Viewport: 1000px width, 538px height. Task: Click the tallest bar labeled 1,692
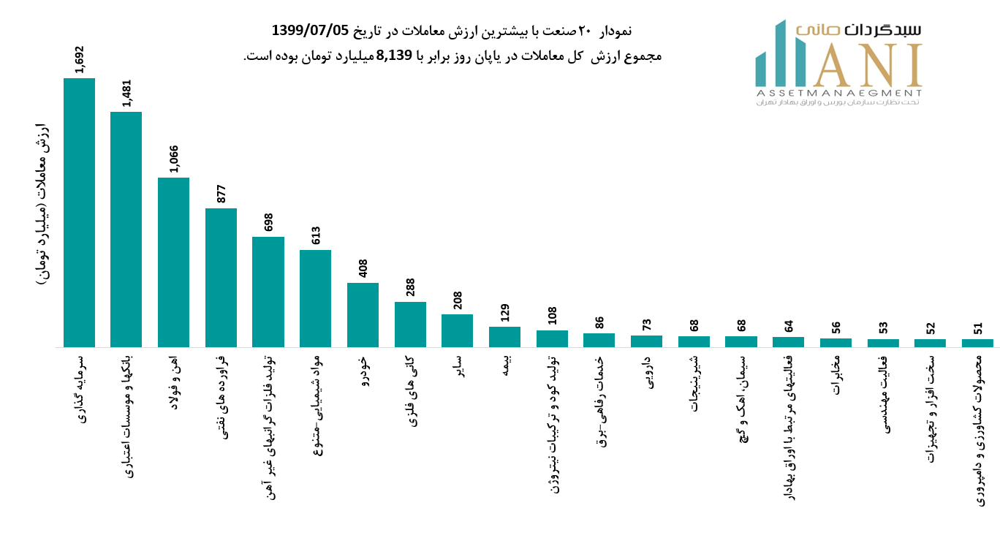pos(79,212)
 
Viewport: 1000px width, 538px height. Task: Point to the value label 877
pos(221,194)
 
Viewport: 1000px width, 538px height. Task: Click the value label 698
pos(268,222)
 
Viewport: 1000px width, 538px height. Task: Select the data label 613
pos(316,235)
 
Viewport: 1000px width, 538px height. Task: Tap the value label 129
pos(505,313)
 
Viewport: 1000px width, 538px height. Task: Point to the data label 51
pos(978,328)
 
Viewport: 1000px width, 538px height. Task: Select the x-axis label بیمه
pos(506,367)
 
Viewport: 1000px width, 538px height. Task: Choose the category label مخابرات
pos(836,375)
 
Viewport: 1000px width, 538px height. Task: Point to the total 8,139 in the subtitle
pos(395,56)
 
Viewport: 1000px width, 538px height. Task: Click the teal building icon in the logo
pos(780,55)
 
